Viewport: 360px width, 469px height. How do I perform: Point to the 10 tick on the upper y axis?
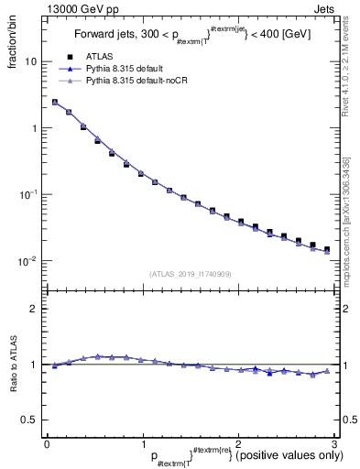[x=33, y=61]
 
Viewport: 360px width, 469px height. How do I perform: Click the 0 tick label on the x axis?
[x=47, y=442]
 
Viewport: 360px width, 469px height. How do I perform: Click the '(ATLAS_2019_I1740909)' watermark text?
[x=191, y=274]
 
